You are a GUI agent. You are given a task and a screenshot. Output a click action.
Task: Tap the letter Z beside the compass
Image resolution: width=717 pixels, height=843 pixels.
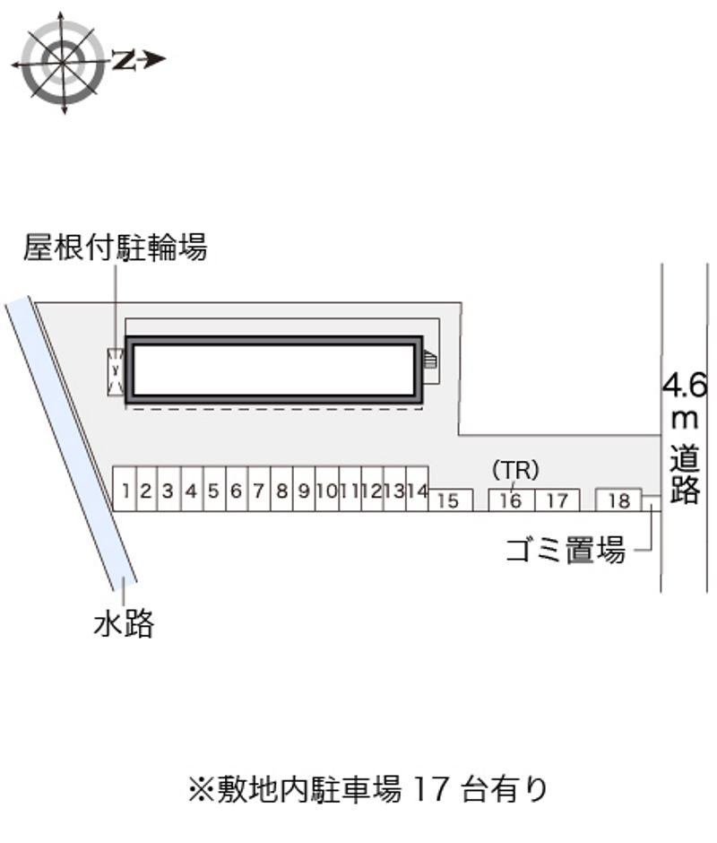point(125,60)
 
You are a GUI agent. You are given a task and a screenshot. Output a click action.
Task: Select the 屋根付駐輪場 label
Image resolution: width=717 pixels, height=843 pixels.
point(115,247)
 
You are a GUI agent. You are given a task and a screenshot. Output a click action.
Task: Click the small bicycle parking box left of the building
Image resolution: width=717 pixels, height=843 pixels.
point(115,369)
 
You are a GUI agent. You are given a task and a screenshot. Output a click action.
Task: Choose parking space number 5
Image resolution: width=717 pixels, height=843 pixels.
point(213,490)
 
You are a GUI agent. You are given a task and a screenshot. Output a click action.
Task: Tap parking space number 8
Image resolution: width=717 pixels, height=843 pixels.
point(281,490)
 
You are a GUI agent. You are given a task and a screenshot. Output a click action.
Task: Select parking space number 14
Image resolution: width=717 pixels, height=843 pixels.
point(416,490)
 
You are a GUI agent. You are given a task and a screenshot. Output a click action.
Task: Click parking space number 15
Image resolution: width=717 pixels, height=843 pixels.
point(449,500)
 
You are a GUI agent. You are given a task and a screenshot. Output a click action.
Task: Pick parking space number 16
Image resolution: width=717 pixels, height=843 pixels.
point(511,500)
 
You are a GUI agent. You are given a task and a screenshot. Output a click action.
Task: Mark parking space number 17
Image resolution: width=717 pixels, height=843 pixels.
point(557,500)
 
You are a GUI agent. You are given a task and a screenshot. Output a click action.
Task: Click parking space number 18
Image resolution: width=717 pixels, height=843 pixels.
point(618,500)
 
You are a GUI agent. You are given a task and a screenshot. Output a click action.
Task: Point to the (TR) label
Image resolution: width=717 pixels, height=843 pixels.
point(515,469)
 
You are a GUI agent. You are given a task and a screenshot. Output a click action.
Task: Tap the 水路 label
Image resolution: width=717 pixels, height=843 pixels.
point(125,622)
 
